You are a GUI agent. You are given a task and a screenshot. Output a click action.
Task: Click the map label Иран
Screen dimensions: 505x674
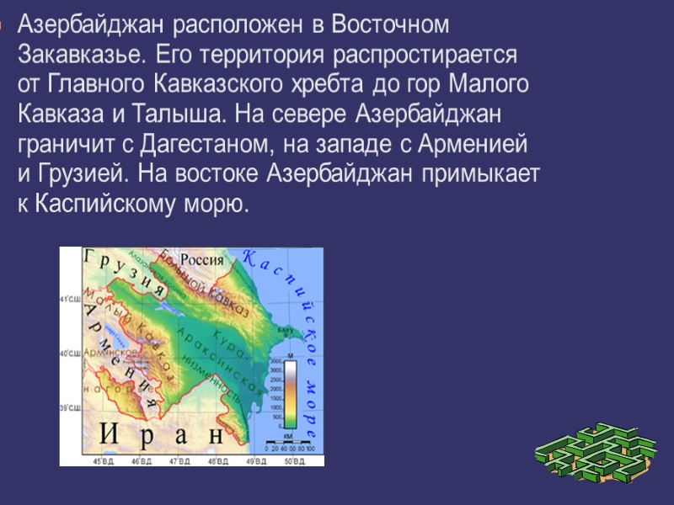pos(163,435)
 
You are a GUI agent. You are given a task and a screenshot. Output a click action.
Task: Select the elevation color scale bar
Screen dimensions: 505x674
pos(289,393)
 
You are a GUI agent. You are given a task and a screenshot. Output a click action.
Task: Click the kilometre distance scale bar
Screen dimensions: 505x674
pos(289,439)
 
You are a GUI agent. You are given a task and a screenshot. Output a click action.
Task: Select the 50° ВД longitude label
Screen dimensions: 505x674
pos(294,461)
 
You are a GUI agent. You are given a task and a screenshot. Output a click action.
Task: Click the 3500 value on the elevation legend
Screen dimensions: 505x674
pos(275,368)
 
